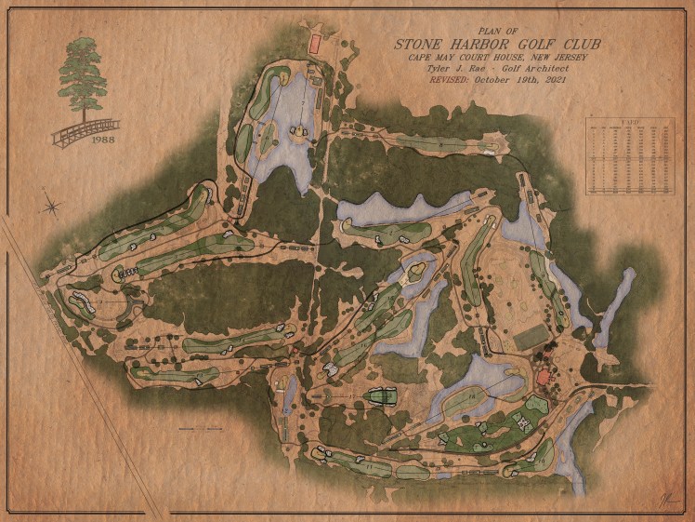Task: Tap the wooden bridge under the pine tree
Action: tap(85, 131)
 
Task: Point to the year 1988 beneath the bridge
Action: tap(103, 141)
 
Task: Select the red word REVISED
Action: tap(450, 81)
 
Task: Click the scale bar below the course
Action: tap(203, 429)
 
